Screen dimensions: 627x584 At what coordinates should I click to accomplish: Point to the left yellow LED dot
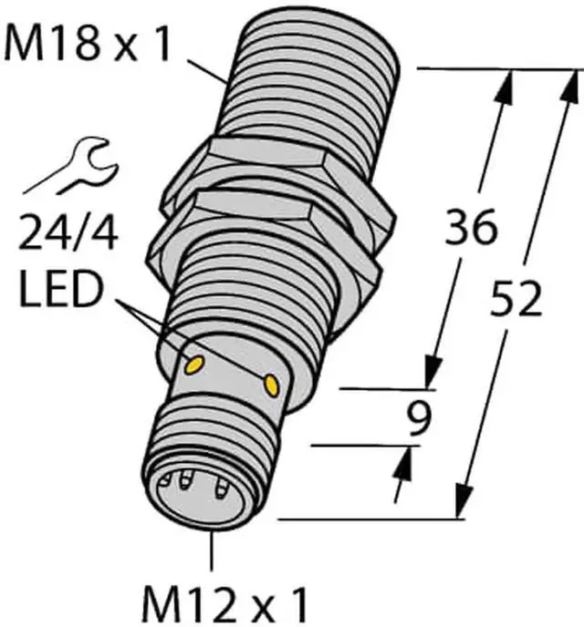(x=193, y=366)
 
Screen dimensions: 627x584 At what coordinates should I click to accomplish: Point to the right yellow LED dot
(x=270, y=387)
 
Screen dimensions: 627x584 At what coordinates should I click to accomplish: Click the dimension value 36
(x=469, y=228)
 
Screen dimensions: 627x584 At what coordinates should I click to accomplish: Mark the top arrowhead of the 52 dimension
(x=571, y=87)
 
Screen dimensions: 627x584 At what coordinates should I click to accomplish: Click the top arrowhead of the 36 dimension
(x=502, y=87)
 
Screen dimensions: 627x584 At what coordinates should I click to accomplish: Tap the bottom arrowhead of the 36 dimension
(x=433, y=372)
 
